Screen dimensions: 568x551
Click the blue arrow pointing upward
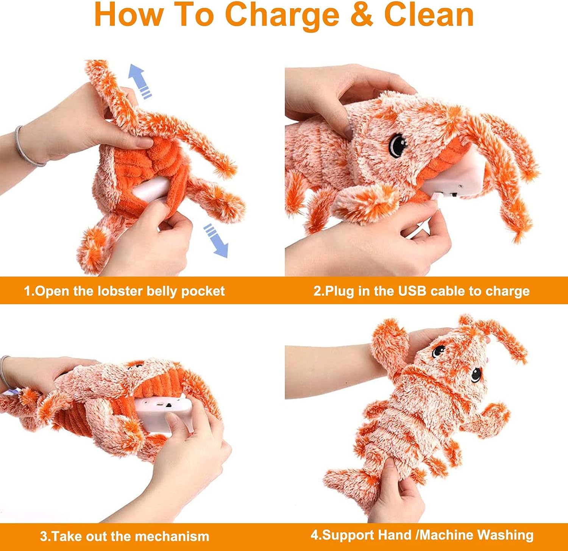[139, 81]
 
